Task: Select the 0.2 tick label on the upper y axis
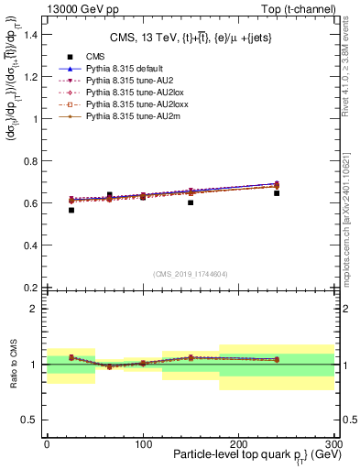pos(31,288)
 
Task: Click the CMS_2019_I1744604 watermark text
pos(190,274)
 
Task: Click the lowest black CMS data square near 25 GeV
pos(71,210)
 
